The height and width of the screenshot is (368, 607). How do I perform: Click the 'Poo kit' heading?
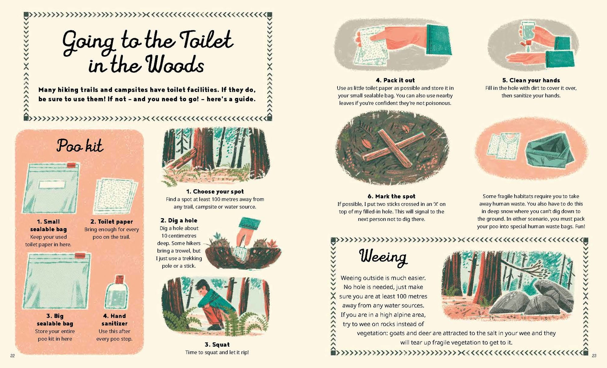(80, 146)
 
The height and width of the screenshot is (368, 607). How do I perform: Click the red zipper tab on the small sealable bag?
(71, 165)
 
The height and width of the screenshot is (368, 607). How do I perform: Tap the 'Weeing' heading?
(383, 257)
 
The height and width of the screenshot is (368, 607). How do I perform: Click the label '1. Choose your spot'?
(215, 191)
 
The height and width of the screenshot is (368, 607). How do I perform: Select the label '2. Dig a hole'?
(179, 221)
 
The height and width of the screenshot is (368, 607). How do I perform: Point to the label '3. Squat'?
(217, 345)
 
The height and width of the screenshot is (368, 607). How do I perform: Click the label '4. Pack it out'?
(395, 80)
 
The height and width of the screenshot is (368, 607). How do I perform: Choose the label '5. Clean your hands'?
(531, 80)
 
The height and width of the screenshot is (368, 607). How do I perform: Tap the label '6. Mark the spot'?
(391, 196)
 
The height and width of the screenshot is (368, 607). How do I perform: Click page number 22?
(12, 356)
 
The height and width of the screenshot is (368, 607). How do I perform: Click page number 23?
(594, 356)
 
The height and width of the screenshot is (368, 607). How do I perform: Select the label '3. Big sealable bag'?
(55, 320)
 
